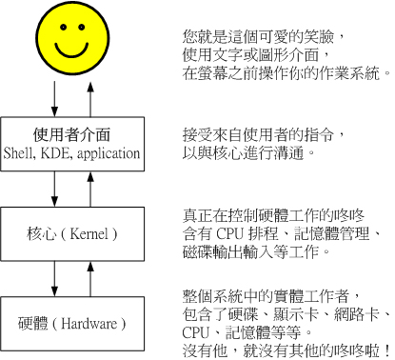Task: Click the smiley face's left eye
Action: (x=61, y=29)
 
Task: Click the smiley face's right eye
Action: (x=87, y=29)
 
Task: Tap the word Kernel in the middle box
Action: (x=92, y=232)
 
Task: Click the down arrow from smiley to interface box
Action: (x=54, y=96)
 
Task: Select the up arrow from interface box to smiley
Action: (x=91, y=96)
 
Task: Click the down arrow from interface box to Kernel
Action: (x=54, y=189)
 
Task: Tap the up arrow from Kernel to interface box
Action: (x=91, y=189)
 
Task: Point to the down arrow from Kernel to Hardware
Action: (x=54, y=276)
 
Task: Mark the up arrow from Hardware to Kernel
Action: (x=91, y=276)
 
